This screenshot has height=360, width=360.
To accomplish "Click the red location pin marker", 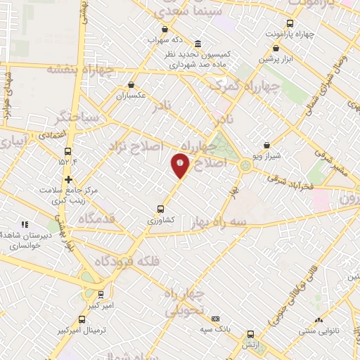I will pos(180,166).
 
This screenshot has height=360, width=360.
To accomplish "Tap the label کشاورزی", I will pos(160,219).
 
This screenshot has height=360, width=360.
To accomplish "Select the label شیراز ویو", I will pos(267,155).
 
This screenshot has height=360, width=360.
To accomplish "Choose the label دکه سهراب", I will pos(165,39).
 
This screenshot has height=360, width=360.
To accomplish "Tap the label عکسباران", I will pos(130,96).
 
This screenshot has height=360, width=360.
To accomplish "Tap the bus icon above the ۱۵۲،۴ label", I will pos(68,151).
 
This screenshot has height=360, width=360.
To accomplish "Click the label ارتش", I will pos(250,345).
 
